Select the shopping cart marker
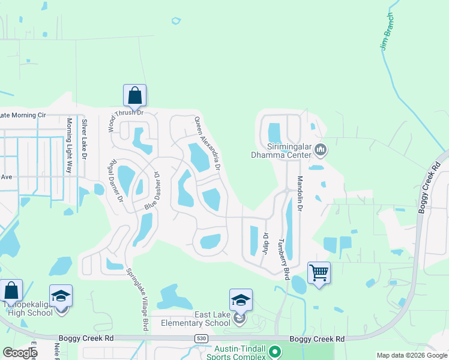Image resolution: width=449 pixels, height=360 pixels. point(319,273)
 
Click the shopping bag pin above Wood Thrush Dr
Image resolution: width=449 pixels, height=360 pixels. point(135,95)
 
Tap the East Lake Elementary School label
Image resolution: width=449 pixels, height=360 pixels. point(196,319)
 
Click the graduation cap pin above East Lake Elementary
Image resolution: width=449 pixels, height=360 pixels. point(241,300)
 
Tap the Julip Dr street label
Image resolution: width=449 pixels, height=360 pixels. point(265,244)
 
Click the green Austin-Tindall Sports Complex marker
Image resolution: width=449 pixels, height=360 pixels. point(274,351)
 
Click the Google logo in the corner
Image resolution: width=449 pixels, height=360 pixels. point(19,353)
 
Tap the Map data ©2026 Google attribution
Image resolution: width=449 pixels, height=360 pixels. point(412,356)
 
